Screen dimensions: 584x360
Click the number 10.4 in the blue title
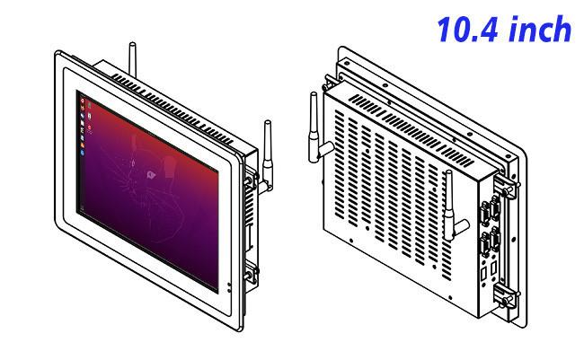[467, 29]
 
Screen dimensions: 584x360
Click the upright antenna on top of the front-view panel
[132, 59]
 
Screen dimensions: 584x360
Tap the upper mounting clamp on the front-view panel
[251, 178]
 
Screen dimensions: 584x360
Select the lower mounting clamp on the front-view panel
[251, 273]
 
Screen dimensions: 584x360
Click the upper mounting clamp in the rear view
[505, 186]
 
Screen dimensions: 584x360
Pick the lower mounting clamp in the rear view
[505, 294]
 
